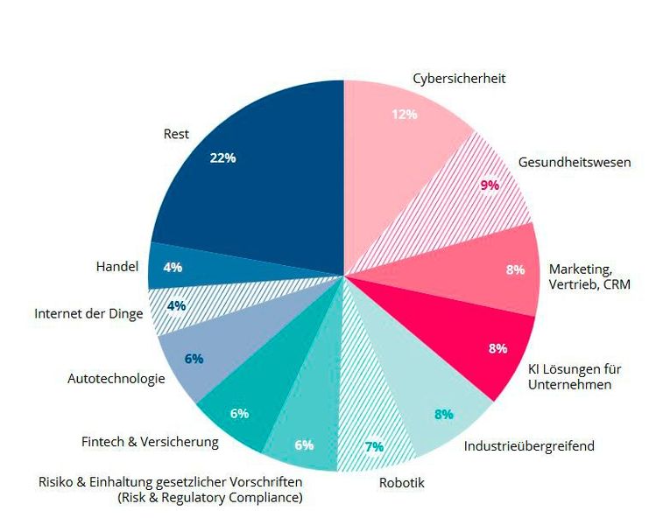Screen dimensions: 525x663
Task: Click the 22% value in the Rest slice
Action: point(222,157)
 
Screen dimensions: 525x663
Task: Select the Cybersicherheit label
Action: point(459,79)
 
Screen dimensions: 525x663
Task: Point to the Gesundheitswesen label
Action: point(574,162)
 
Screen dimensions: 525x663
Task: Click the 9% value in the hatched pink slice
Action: point(490,185)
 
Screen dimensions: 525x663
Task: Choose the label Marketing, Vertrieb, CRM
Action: point(589,276)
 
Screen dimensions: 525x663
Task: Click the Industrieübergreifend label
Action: point(529,446)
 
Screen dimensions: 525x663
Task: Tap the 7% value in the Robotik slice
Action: point(374,446)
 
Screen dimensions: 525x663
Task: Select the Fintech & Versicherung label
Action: point(150,442)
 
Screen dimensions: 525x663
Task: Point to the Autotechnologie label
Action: point(116,379)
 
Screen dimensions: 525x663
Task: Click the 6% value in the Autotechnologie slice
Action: point(194,358)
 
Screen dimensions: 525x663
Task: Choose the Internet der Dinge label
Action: point(88,313)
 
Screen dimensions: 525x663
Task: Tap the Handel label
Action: point(116,266)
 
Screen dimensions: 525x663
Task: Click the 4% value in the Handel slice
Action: point(173,267)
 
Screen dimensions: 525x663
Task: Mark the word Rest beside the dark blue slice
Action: point(176,134)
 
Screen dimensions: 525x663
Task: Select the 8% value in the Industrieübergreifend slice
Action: point(444,414)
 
